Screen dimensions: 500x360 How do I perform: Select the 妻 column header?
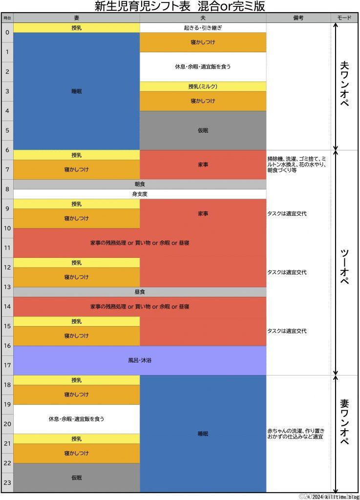(77, 18)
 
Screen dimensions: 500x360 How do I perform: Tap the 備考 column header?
(298, 18)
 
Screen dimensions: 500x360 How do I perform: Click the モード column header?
(344, 18)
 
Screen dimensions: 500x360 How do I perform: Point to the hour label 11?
(7, 248)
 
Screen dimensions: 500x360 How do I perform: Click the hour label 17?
(7, 365)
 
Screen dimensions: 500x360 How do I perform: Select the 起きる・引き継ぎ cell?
(203, 28)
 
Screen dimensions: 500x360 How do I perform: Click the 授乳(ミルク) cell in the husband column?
(203, 86)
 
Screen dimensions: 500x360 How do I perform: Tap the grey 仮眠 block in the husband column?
(203, 130)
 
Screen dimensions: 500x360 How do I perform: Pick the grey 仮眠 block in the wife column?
(77, 478)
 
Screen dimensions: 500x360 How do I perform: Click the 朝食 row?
(140, 185)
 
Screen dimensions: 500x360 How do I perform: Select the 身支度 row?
(140, 194)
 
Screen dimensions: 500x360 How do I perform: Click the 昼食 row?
(140, 292)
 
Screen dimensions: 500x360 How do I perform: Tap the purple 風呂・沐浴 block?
(140, 360)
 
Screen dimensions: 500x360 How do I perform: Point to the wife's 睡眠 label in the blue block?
(77, 91)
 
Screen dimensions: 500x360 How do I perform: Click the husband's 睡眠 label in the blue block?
(203, 434)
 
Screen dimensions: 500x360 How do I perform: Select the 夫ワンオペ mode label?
(344, 87)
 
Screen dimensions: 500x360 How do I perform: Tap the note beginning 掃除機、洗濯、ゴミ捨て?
(297, 165)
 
